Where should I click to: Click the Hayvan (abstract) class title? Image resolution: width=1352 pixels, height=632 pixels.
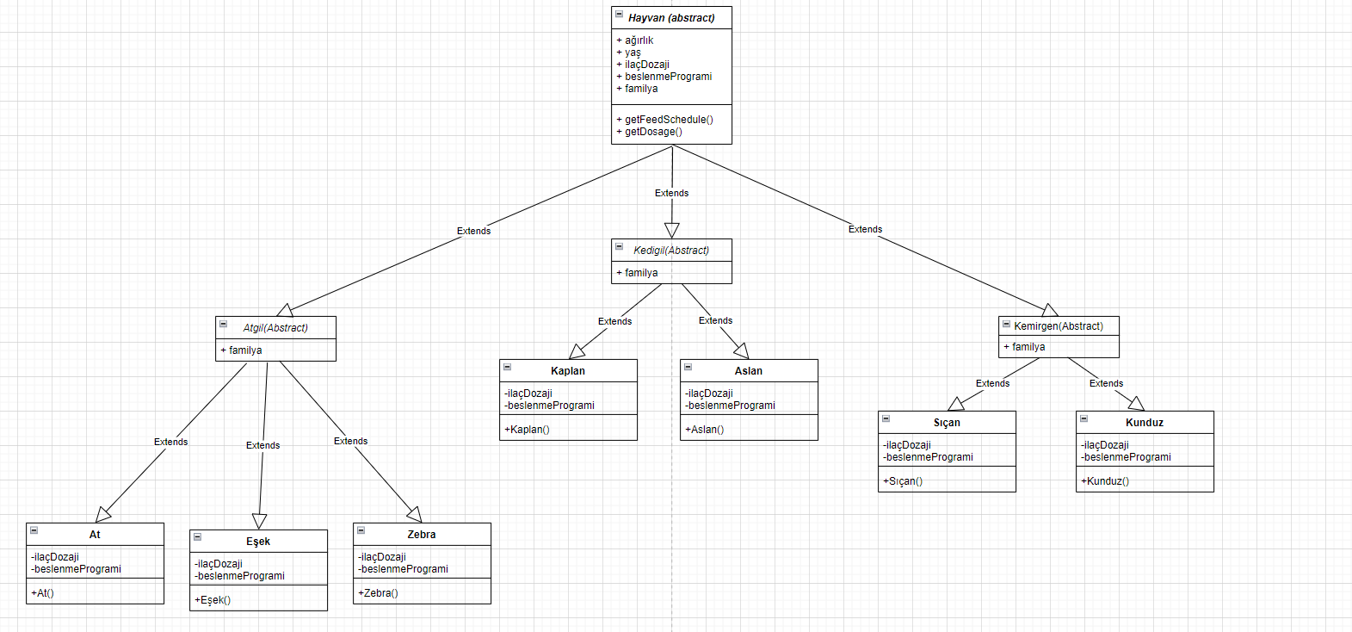(x=671, y=18)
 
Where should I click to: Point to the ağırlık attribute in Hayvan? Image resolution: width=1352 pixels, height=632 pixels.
(x=639, y=40)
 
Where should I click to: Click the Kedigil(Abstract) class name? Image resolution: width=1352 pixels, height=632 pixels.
(x=671, y=251)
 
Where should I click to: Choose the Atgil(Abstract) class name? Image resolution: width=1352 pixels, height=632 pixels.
(x=275, y=328)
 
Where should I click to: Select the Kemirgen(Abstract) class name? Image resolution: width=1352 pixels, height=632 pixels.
(x=1059, y=326)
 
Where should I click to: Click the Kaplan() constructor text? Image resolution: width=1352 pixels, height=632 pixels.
(x=527, y=430)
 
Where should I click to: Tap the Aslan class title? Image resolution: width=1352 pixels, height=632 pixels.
(x=749, y=371)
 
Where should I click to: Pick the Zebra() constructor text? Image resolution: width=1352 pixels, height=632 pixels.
(x=378, y=593)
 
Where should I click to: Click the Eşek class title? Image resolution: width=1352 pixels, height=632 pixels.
(x=258, y=542)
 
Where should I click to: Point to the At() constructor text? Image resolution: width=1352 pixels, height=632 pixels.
(x=42, y=593)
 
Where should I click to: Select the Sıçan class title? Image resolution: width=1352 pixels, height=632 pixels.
(x=947, y=423)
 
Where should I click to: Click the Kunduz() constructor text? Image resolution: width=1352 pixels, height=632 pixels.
(x=1105, y=481)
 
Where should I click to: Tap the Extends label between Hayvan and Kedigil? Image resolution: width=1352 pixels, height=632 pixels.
(x=671, y=193)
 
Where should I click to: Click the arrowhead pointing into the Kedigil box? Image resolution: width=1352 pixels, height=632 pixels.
(x=672, y=230)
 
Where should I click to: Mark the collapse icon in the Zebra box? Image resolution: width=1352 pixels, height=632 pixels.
(x=361, y=530)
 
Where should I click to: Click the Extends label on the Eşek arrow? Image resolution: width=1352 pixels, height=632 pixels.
(x=262, y=445)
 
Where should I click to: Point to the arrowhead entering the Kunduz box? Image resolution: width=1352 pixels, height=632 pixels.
(x=1136, y=403)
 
